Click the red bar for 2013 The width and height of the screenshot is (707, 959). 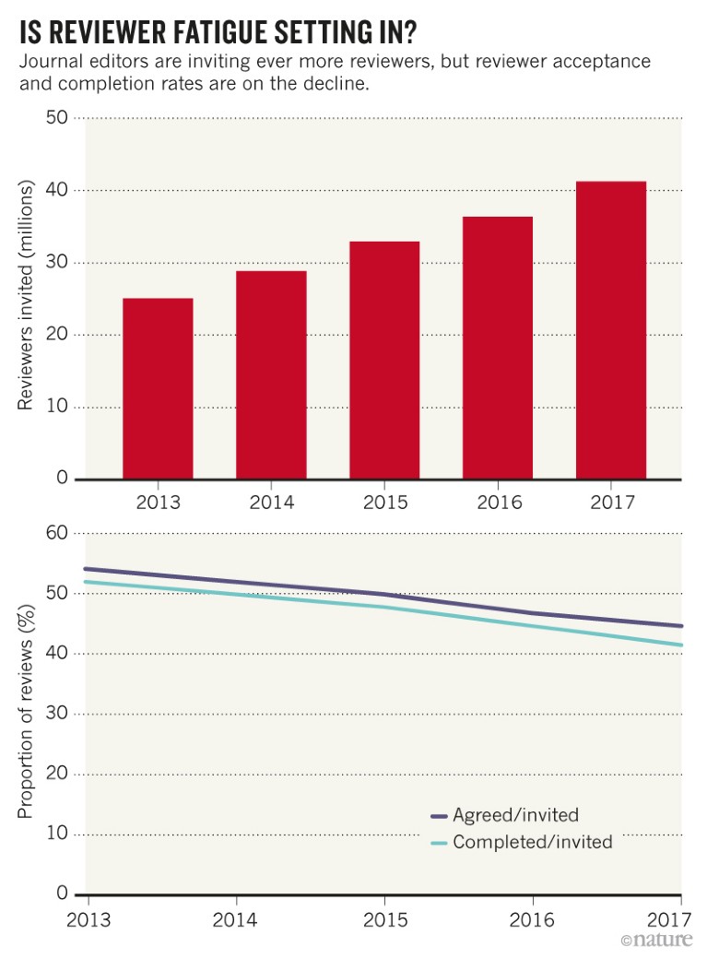pyautogui.click(x=159, y=388)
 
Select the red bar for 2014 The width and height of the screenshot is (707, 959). pyautogui.click(x=271, y=374)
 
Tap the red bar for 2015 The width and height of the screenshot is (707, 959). pyautogui.click(x=384, y=360)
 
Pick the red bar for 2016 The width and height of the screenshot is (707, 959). pyautogui.click(x=498, y=348)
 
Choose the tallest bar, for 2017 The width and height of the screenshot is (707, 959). pyautogui.click(x=611, y=330)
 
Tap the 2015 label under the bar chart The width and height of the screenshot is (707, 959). pyautogui.click(x=384, y=503)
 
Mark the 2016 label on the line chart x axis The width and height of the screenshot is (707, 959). pyautogui.click(x=532, y=918)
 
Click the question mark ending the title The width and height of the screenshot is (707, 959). pyautogui.click(x=408, y=32)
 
